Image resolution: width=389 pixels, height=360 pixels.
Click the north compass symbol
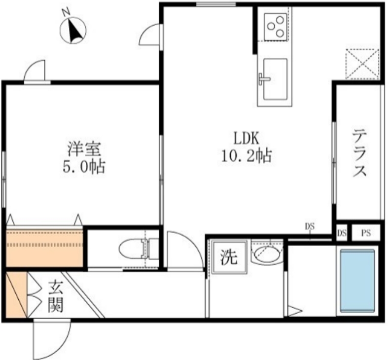pyautogui.click(x=73, y=30)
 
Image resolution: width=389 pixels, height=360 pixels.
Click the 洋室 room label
pyautogui.click(x=84, y=148)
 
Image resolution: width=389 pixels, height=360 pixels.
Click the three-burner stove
pyautogui.click(x=275, y=26)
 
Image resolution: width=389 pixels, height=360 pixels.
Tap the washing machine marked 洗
pyautogui.click(x=228, y=257)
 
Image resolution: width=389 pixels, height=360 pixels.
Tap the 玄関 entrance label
pyautogui.click(x=55, y=296)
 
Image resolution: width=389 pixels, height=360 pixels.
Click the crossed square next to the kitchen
pyautogui.click(x=362, y=64)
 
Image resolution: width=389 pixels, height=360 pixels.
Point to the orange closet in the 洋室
pyautogui.click(x=44, y=247)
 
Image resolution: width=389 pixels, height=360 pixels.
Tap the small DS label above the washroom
pyautogui.click(x=310, y=226)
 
